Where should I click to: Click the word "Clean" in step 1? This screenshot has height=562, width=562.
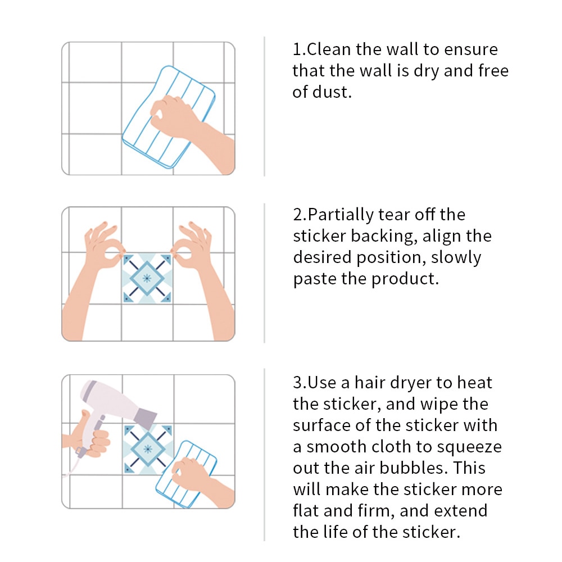329,49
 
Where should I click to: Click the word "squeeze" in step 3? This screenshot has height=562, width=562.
469,447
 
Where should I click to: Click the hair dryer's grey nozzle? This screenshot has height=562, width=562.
145,416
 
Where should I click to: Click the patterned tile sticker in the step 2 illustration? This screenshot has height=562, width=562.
147,279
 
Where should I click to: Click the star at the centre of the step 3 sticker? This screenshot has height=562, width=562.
148,448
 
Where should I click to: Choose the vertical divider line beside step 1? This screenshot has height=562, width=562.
264,106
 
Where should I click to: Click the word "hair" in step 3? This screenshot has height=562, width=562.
370,382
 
